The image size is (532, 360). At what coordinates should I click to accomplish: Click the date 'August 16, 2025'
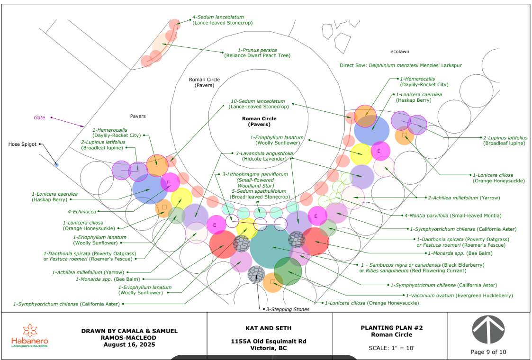(x=129, y=344)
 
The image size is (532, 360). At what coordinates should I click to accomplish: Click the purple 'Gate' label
(x=39, y=117)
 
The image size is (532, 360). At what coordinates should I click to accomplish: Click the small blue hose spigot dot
(x=56, y=164)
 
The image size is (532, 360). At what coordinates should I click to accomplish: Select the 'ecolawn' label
(x=399, y=51)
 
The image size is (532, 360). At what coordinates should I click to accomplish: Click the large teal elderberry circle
(x=271, y=246)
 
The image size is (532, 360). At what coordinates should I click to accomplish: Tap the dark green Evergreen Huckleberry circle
(x=288, y=271)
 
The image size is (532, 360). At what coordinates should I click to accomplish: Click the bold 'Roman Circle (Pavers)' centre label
(x=259, y=122)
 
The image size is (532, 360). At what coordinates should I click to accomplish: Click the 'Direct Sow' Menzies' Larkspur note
(x=400, y=65)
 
